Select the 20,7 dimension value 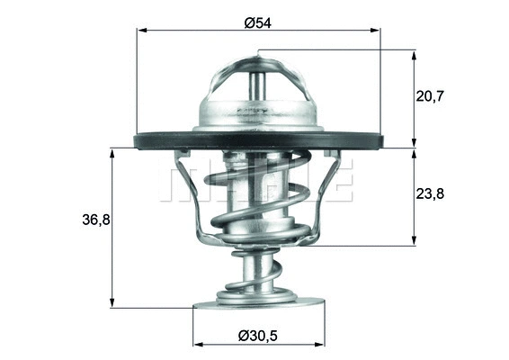point(453,94)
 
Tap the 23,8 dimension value point(453,193)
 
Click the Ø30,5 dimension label point(258,334)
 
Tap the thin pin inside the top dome point(258,85)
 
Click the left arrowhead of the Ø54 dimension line point(140,31)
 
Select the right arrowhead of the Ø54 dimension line point(377,31)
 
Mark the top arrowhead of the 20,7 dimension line point(415,54)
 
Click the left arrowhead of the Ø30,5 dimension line point(197,344)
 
